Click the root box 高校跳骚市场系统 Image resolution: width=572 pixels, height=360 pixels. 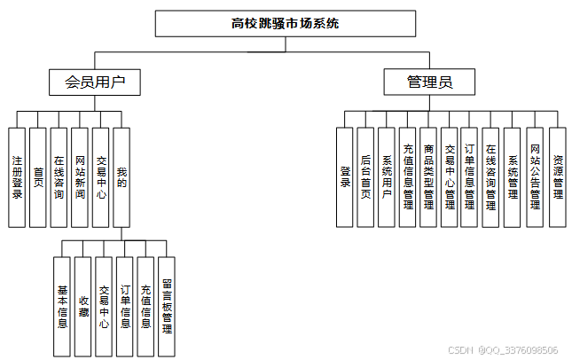(x=285, y=24)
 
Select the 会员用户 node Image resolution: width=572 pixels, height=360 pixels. (x=95, y=83)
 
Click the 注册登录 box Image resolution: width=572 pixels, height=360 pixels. (x=17, y=176)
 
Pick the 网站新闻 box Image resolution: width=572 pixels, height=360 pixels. (x=80, y=176)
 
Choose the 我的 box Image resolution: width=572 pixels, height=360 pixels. (x=122, y=176)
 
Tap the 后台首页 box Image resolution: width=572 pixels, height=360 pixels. (x=366, y=176)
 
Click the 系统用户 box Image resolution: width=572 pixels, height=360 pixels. (x=387, y=176)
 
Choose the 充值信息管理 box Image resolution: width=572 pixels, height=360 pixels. (x=408, y=176)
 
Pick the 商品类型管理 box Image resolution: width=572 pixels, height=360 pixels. (x=428, y=176)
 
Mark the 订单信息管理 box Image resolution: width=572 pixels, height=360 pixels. (x=470, y=176)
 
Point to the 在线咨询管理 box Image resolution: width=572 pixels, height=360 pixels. (x=490, y=176)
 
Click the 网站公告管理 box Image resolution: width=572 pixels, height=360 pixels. (x=535, y=176)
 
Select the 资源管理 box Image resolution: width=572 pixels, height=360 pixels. (x=557, y=176)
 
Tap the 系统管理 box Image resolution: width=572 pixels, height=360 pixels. (x=513, y=176)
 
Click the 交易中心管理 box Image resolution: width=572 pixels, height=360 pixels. (x=450, y=176)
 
